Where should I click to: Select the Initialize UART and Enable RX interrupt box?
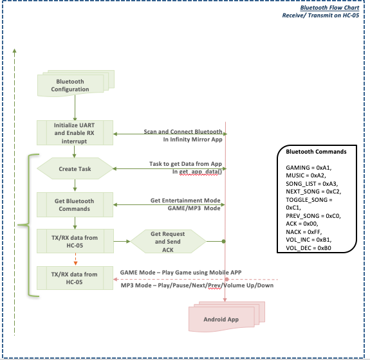(75, 132)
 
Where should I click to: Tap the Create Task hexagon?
(75, 168)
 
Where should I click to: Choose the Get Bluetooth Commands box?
(75, 204)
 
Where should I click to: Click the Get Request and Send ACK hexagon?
(168, 242)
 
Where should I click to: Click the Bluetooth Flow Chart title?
(329, 8)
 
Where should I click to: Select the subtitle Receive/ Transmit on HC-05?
(320, 15)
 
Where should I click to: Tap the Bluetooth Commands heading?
(316, 152)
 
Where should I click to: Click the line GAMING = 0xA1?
(309, 168)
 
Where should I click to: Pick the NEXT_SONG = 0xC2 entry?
(313, 192)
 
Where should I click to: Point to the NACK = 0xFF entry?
(304, 232)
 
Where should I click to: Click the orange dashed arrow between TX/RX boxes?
(75, 259)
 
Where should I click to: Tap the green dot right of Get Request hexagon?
(224, 242)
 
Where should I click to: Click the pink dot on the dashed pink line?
(227, 280)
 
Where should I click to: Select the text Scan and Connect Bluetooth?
(183, 132)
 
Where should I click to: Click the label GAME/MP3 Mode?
(194, 208)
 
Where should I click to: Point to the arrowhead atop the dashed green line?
(14, 51)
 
